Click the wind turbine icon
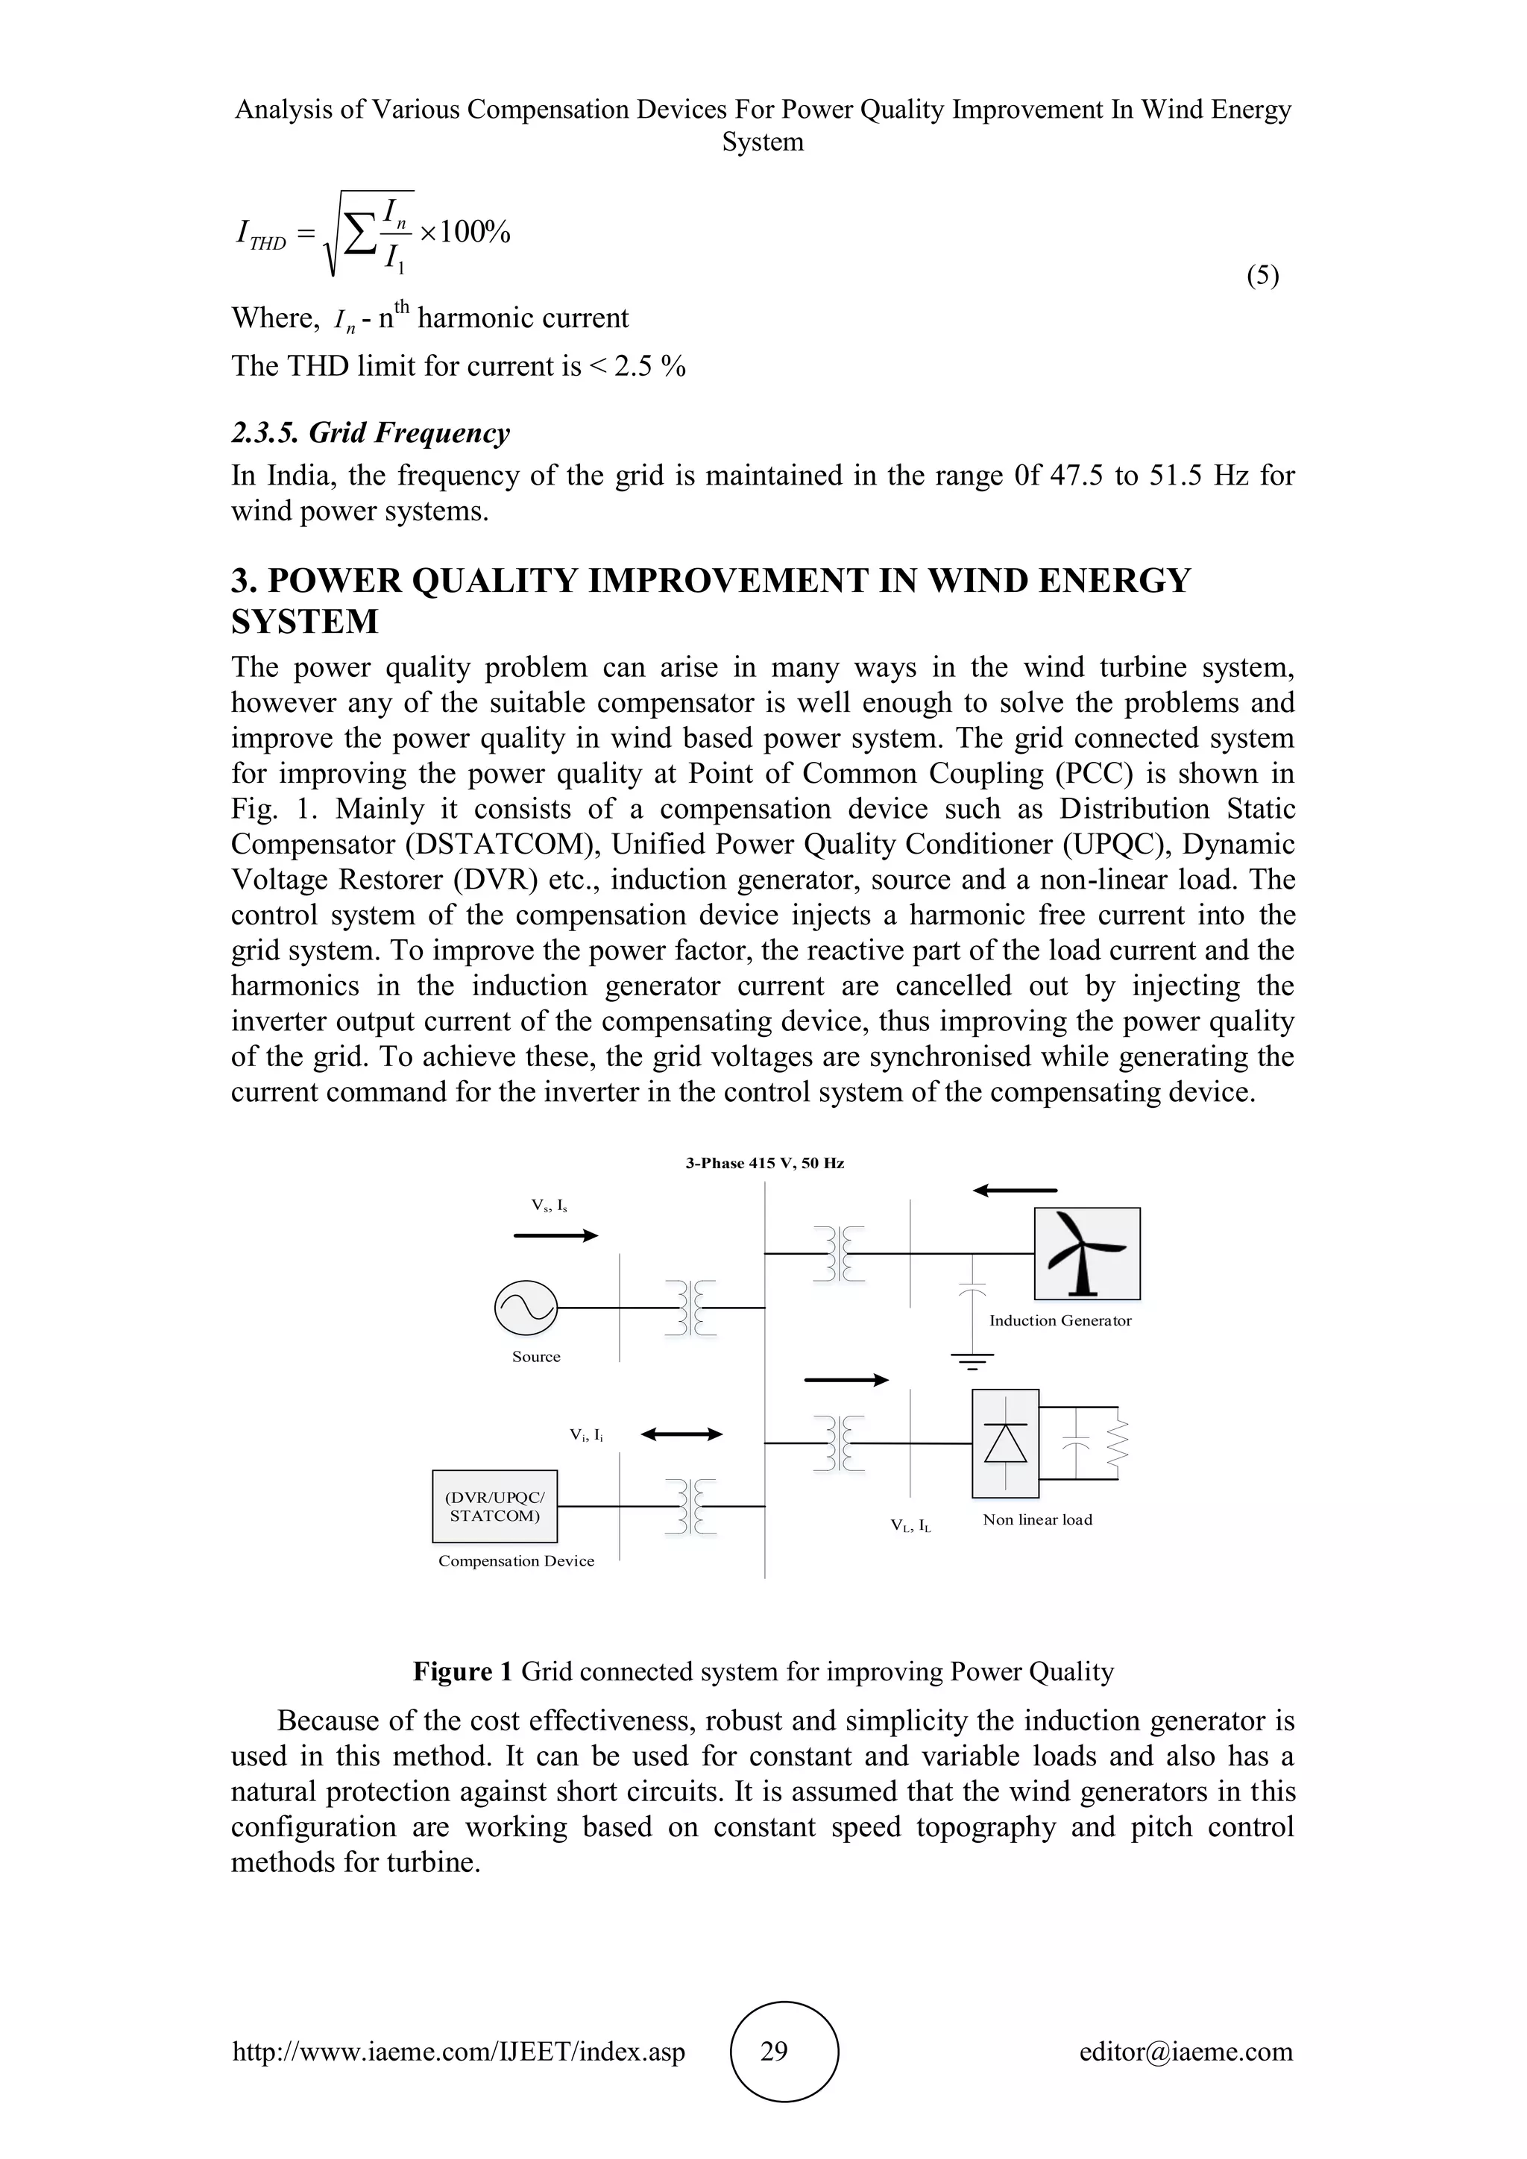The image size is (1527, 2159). pyautogui.click(x=1087, y=1252)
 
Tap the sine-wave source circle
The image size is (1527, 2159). pyautogui.click(x=526, y=1308)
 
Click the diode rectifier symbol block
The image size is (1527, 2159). pyautogui.click(x=1005, y=1443)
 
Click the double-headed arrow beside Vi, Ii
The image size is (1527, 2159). pyautogui.click(x=681, y=1434)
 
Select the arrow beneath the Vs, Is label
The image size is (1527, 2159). pyautogui.click(x=555, y=1235)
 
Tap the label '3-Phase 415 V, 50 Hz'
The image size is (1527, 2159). pyautogui.click(x=764, y=1163)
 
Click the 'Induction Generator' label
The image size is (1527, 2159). pyautogui.click(x=1060, y=1320)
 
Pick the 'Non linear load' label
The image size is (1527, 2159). pyautogui.click(x=1037, y=1519)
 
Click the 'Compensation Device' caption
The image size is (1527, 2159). pyautogui.click(x=516, y=1561)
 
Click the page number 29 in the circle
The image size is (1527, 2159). pyautogui.click(x=774, y=2051)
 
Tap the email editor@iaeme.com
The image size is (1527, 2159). pyautogui.click(x=1186, y=2051)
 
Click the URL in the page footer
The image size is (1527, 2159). pyautogui.click(x=458, y=2051)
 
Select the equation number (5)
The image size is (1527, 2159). pyautogui.click(x=1262, y=276)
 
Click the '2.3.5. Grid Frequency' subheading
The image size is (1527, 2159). pyautogui.click(x=371, y=432)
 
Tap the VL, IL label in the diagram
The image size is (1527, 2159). pyautogui.click(x=910, y=1525)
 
